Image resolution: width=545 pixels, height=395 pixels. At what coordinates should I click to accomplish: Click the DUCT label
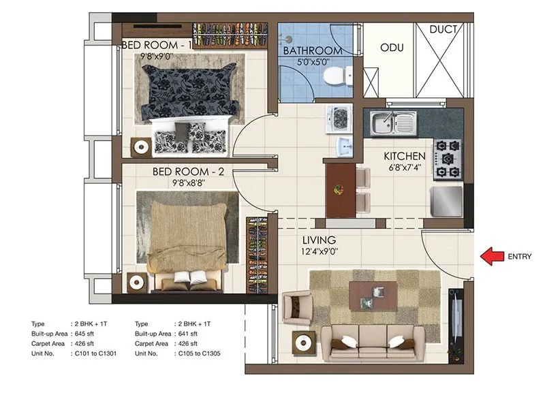pyautogui.click(x=443, y=29)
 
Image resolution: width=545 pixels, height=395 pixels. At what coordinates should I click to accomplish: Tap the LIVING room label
pyautogui.click(x=320, y=240)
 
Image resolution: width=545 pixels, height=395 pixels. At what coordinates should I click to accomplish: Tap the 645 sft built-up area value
pyautogui.click(x=88, y=334)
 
